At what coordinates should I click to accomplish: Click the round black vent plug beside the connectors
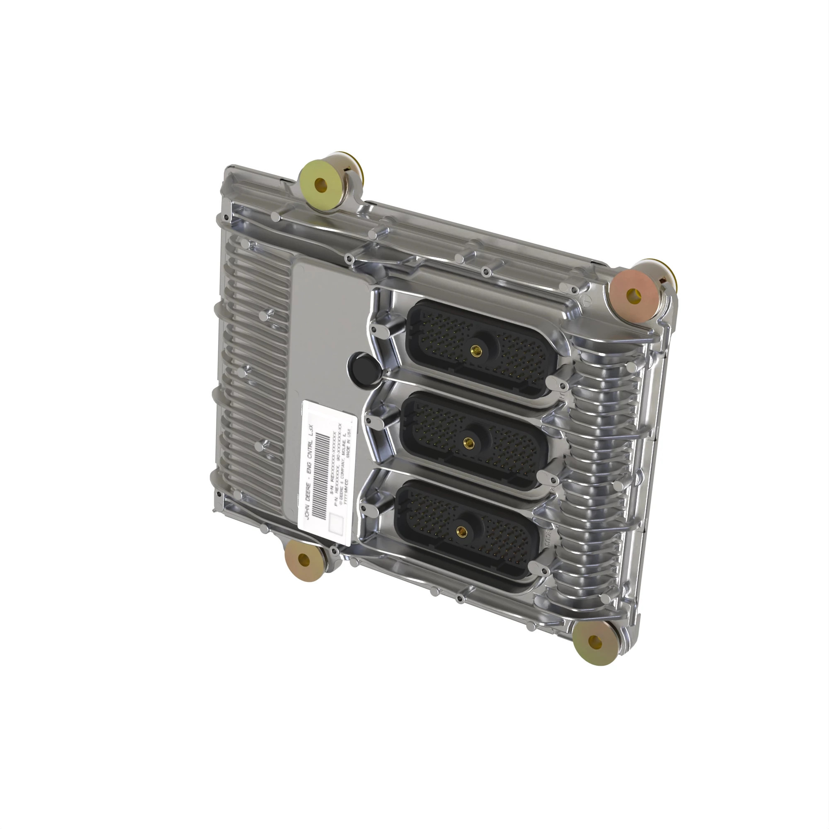365,368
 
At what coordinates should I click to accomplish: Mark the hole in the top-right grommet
634,296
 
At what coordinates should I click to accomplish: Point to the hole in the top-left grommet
320,186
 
